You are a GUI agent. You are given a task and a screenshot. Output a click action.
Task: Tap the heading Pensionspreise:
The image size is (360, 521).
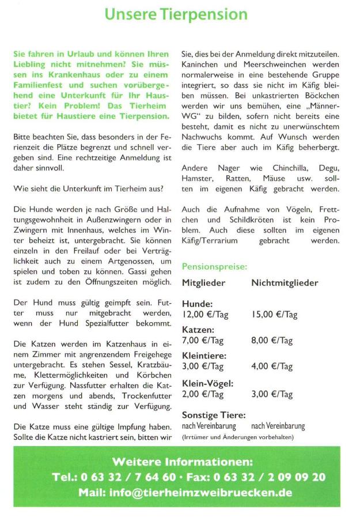click(x=214, y=267)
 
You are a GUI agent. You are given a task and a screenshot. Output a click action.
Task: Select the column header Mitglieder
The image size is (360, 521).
click(x=203, y=283)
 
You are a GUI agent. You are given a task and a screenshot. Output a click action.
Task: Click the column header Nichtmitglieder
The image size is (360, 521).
click(x=285, y=283)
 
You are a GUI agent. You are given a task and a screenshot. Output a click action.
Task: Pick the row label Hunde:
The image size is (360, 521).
click(x=197, y=304)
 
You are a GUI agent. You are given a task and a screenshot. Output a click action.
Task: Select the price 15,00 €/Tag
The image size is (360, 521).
click(x=274, y=314)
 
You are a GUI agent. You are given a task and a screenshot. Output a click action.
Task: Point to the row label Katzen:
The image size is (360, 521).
click(x=198, y=330)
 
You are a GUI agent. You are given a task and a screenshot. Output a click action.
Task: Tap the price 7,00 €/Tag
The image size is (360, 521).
click(x=203, y=341)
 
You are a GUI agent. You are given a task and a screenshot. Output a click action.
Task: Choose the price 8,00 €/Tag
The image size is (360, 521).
click(x=272, y=341)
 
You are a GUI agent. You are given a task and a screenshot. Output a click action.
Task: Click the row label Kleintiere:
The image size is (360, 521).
click(x=204, y=356)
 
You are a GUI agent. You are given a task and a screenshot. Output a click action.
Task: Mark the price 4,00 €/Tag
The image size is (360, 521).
click(x=272, y=367)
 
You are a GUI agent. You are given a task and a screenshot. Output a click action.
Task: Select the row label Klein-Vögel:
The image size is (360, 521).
click(x=207, y=383)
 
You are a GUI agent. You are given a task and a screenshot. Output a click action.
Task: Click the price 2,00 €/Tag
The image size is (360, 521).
click(x=203, y=394)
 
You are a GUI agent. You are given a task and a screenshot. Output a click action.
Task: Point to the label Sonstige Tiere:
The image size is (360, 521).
click(x=214, y=415)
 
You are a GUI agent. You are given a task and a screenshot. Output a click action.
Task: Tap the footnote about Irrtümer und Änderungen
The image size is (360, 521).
click(x=237, y=437)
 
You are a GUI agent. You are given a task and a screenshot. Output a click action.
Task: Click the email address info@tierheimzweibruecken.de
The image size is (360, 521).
click(x=200, y=493)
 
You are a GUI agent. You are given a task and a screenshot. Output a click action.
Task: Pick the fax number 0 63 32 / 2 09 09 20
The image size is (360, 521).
click(x=269, y=477)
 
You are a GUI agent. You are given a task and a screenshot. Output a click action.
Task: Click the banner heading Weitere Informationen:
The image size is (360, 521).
click(x=182, y=462)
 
